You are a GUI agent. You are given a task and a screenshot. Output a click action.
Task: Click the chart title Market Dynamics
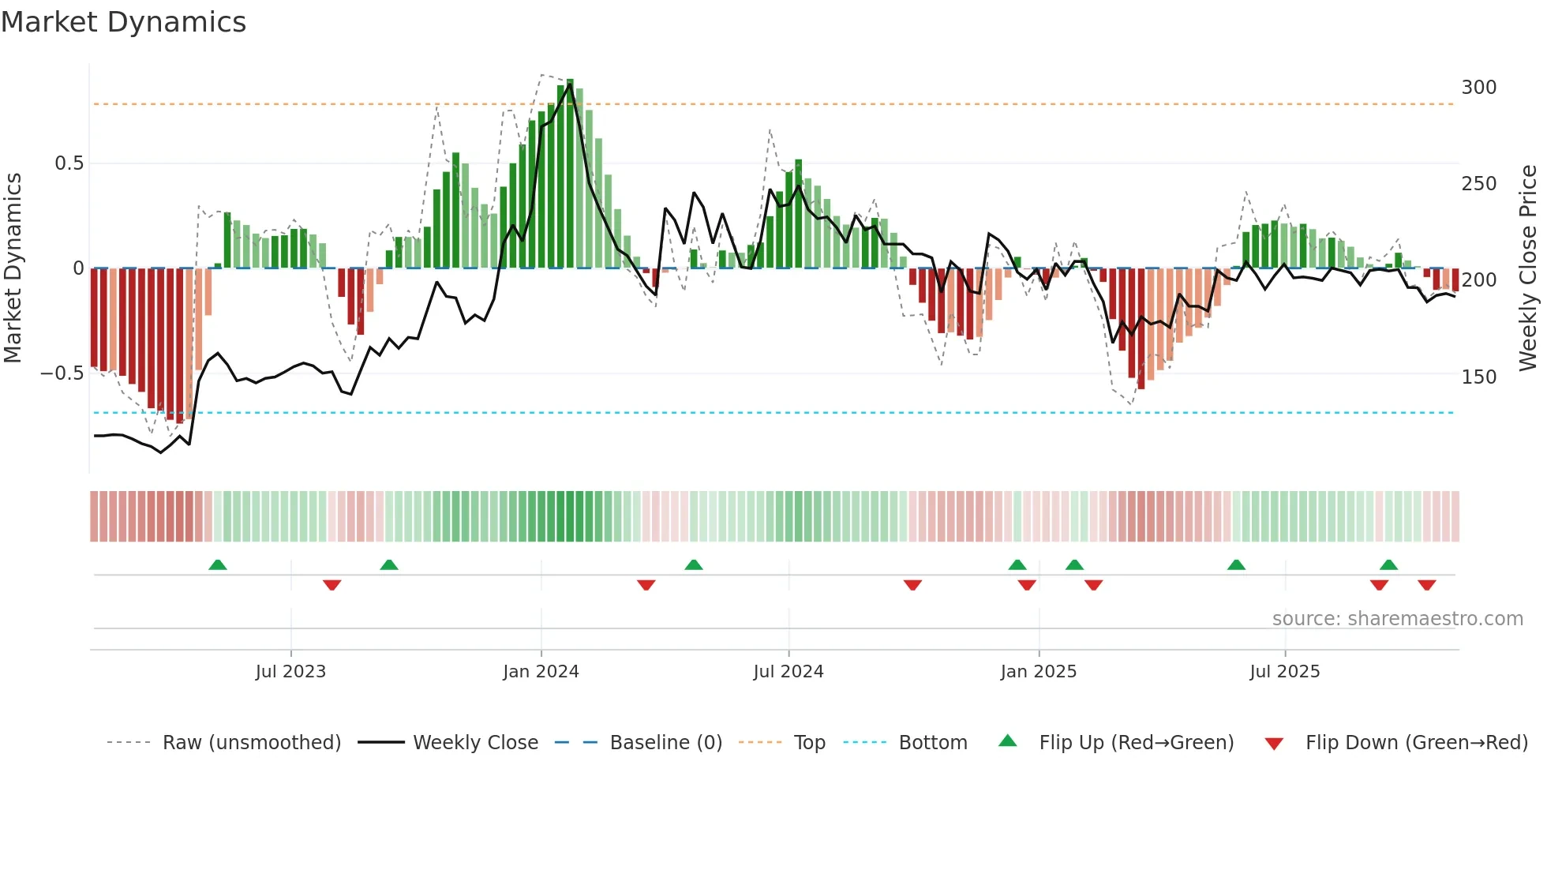click(x=123, y=22)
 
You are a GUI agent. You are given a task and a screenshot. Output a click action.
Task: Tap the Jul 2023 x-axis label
click(x=290, y=672)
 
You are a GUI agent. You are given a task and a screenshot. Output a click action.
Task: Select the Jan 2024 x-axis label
click(x=541, y=672)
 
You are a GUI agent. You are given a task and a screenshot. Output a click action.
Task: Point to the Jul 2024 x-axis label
click(x=788, y=672)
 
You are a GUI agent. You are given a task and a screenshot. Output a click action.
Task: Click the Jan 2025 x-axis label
click(x=1038, y=672)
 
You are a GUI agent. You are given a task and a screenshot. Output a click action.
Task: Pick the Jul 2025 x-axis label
click(x=1284, y=672)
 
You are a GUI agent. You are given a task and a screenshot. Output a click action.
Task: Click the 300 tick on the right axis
click(x=1478, y=88)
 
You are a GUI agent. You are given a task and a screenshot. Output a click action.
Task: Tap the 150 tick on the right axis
click(x=1478, y=377)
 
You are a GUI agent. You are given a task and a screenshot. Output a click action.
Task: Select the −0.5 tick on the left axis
click(x=62, y=373)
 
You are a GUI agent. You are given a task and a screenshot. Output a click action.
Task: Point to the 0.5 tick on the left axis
click(x=69, y=163)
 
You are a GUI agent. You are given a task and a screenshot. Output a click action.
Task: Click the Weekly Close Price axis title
click(x=1528, y=268)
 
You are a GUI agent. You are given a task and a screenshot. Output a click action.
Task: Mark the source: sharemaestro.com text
click(x=1397, y=619)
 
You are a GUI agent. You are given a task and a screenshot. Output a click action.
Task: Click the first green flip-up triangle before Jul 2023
click(x=218, y=564)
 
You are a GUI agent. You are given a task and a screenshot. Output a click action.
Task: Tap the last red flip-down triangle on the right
click(x=1426, y=585)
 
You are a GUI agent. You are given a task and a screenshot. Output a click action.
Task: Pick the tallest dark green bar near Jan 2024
click(x=570, y=174)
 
